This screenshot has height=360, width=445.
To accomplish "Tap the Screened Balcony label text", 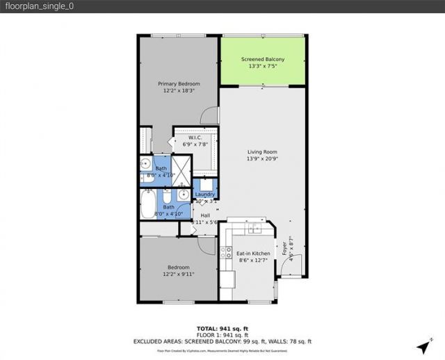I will (262, 60).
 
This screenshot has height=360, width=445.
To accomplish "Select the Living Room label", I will (262, 152).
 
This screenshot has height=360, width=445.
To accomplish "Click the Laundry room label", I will (205, 194).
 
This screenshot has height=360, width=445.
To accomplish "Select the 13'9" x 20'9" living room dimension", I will (262, 160).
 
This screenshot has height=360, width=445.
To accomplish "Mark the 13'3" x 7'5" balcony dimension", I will (262, 67).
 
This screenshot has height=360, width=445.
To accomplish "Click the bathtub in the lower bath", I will (149, 204).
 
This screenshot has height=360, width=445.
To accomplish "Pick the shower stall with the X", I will (181, 169).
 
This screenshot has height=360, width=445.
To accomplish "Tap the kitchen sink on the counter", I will (254, 228).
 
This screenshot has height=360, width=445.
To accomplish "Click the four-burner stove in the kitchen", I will (226, 253).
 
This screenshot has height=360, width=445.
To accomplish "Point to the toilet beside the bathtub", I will (182, 195).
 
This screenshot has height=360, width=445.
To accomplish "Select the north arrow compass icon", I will (422, 345).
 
